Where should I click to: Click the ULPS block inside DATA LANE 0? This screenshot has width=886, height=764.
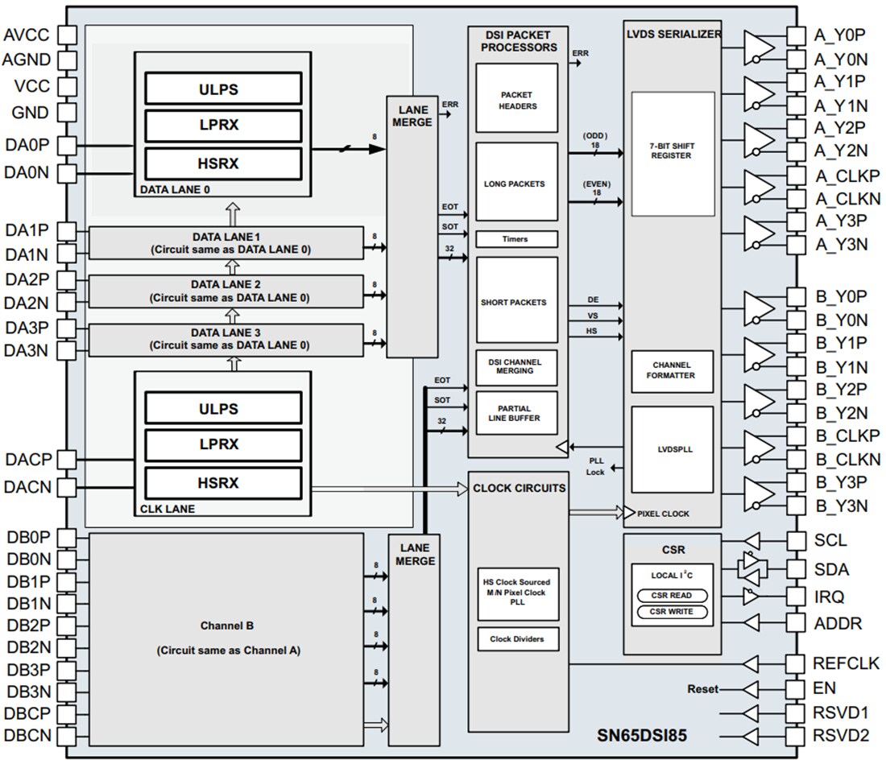tap(223, 88)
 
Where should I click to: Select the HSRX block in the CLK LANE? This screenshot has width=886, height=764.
tap(223, 482)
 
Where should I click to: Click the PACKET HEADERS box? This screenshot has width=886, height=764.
tap(517, 99)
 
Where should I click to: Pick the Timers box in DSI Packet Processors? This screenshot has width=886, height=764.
tap(517, 239)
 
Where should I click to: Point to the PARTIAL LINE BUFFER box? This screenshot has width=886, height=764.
tap(517, 412)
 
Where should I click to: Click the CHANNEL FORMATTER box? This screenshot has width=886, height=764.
tap(672, 370)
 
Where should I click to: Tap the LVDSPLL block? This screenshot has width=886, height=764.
tap(672, 450)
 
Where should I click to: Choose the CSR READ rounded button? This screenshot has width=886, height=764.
tap(672, 596)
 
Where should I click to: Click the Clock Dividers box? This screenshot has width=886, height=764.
tap(517, 639)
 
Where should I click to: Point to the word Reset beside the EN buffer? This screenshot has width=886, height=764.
tap(702, 689)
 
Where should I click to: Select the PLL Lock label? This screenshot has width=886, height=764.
tap(595, 466)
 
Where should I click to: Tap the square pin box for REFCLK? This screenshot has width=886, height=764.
tap(796, 664)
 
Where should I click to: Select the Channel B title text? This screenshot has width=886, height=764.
tap(228, 626)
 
